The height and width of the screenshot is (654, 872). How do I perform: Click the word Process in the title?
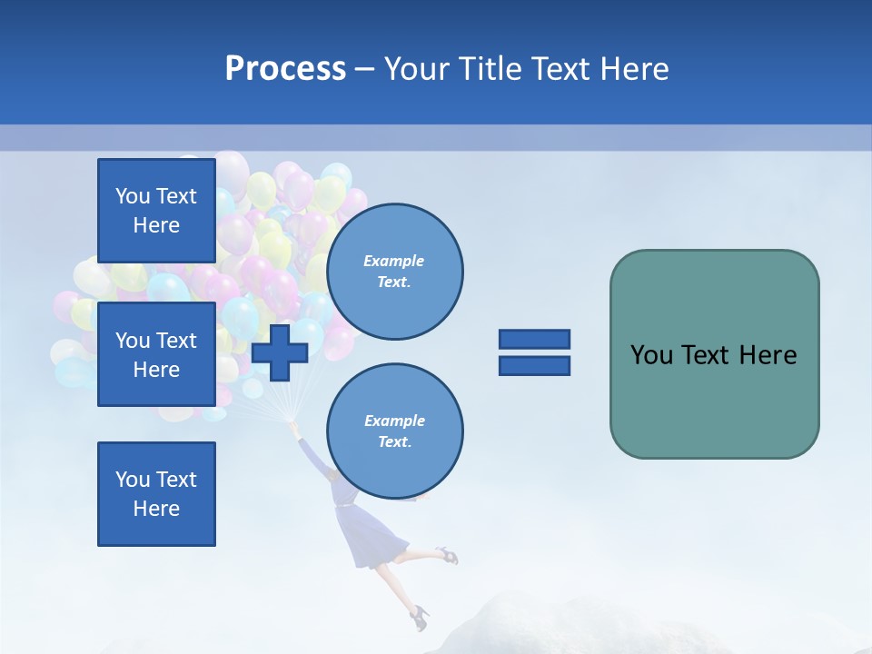285,69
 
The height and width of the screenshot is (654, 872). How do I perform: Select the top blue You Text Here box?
156,211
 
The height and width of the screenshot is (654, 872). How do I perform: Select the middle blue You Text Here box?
156,354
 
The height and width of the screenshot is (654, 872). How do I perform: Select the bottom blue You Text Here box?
156,494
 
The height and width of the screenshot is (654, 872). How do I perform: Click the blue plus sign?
279,353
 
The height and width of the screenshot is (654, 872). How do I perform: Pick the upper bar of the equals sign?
534,339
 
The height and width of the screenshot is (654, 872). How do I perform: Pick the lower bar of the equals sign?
534,365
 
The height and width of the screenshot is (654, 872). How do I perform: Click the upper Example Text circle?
395,272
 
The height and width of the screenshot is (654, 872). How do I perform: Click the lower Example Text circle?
395,431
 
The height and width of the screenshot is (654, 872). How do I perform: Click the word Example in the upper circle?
393,261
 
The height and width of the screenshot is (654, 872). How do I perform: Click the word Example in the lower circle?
393,421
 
